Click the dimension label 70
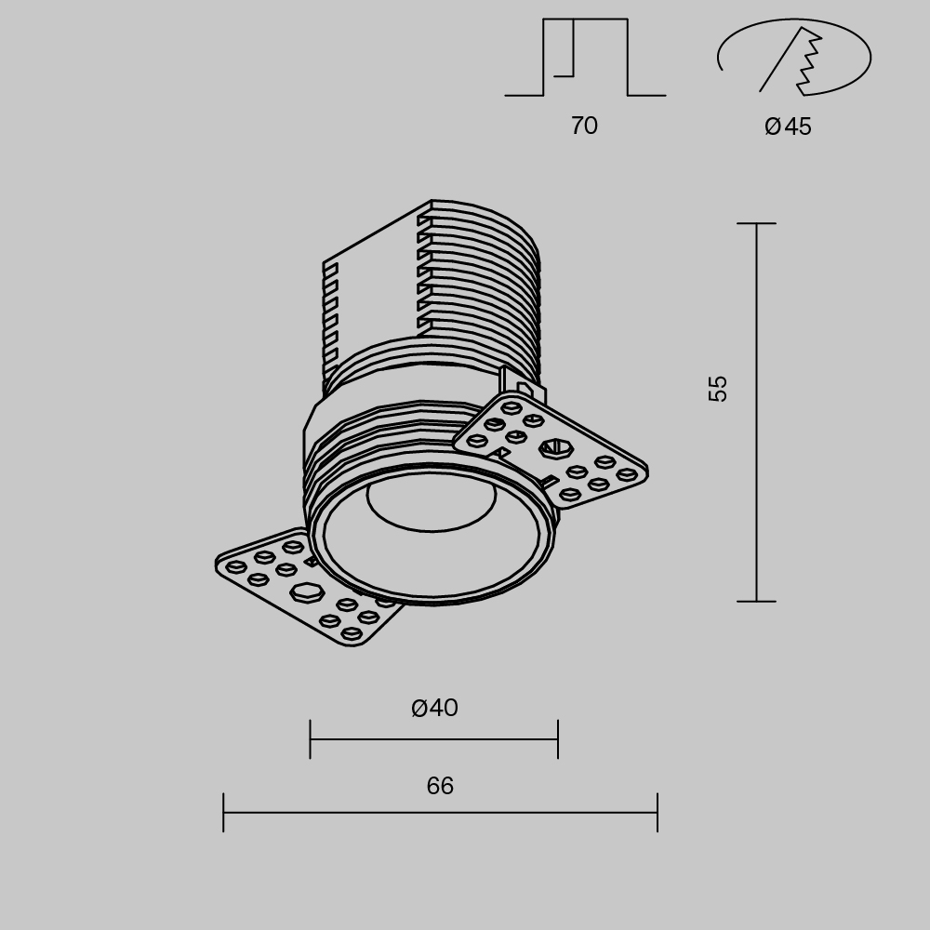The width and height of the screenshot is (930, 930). tap(584, 126)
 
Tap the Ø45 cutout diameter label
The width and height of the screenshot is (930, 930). tap(788, 126)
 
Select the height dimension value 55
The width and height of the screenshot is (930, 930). tap(718, 388)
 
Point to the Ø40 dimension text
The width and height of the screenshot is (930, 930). tap(434, 709)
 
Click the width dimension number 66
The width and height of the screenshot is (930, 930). tap(440, 787)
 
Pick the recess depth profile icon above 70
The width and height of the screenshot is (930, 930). tap(585, 58)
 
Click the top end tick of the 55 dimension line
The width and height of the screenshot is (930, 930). tap(756, 224)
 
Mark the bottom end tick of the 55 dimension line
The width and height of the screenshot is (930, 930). tap(756, 602)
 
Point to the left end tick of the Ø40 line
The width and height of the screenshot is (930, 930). tap(310, 739)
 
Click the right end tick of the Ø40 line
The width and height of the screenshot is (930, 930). tap(558, 739)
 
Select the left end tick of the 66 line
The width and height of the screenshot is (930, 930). tap(223, 813)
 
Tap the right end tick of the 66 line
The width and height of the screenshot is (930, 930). tap(658, 813)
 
